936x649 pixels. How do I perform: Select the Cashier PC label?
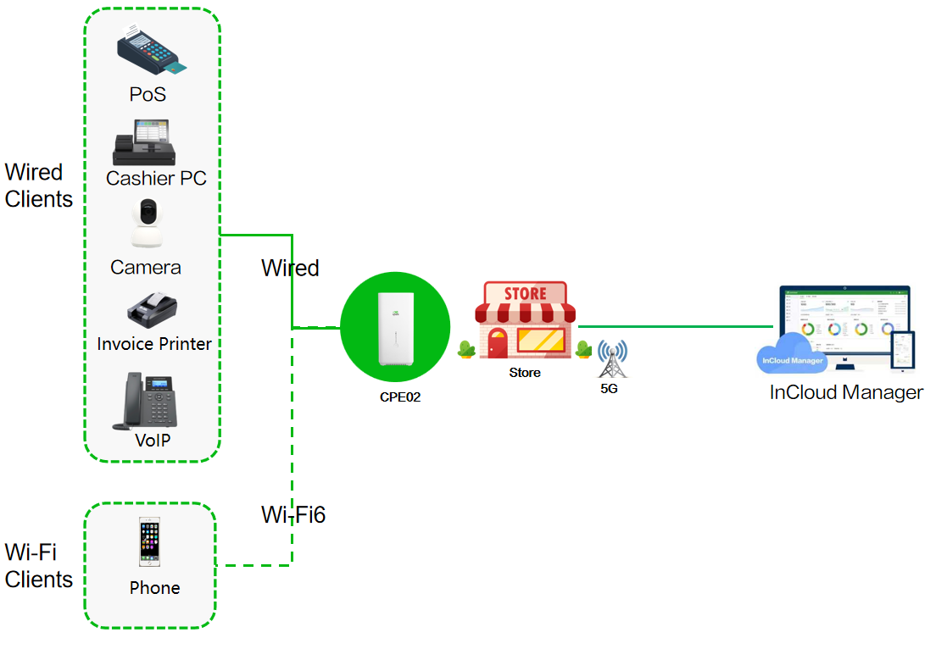pyautogui.click(x=156, y=179)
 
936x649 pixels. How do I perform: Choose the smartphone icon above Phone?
pyautogui.click(x=150, y=542)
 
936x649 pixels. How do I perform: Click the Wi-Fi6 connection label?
pyautogui.click(x=293, y=514)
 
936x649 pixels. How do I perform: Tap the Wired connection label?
pyautogui.click(x=290, y=268)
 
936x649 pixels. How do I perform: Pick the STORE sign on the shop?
pyautogui.click(x=525, y=294)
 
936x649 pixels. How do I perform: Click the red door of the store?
pyautogui.click(x=497, y=343)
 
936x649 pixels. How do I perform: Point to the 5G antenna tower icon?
pyautogui.click(x=611, y=360)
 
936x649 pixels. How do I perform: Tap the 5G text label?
pyautogui.click(x=610, y=389)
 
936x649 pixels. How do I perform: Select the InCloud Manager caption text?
pyautogui.click(x=845, y=392)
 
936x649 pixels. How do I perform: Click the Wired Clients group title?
pyautogui.click(x=38, y=186)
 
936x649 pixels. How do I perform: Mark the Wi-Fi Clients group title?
pyautogui.click(x=38, y=566)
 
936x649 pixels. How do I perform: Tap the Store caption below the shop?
pyautogui.click(x=524, y=373)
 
